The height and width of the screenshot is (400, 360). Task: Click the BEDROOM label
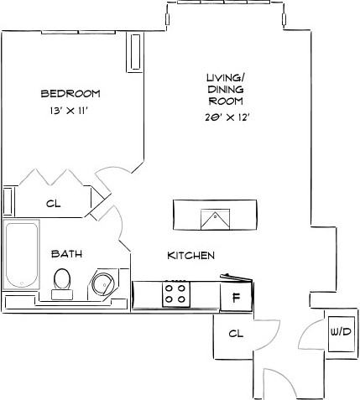(70, 92)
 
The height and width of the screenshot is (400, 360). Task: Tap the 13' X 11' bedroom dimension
(70, 110)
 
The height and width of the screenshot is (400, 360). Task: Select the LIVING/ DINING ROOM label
(225, 90)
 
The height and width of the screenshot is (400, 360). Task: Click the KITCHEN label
(190, 255)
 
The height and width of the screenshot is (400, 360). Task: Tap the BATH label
(66, 253)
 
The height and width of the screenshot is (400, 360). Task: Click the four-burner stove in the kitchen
(175, 293)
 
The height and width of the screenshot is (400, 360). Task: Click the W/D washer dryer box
(340, 333)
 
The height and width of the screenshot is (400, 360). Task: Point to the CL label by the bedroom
(54, 203)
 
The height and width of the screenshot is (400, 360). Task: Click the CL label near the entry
(236, 333)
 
